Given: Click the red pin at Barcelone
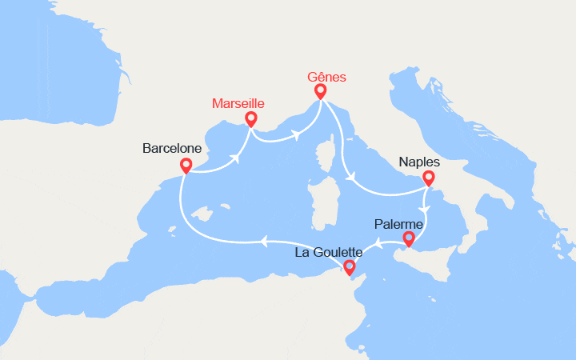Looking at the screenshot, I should click(186, 166).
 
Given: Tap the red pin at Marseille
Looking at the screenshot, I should click(251, 119).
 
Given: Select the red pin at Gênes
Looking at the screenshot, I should click(321, 91).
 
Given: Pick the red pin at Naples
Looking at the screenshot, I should click(429, 178).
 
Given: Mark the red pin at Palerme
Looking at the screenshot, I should click(409, 238).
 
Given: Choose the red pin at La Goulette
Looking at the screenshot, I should click(349, 268).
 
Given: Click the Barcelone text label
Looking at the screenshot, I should click(171, 148).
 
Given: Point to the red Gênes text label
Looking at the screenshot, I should click(327, 78).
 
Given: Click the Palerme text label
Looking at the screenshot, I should click(396, 223).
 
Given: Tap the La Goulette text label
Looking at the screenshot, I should click(328, 252).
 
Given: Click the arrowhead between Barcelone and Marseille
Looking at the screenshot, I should click(237, 157).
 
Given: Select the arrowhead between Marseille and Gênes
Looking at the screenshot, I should click(297, 134).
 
